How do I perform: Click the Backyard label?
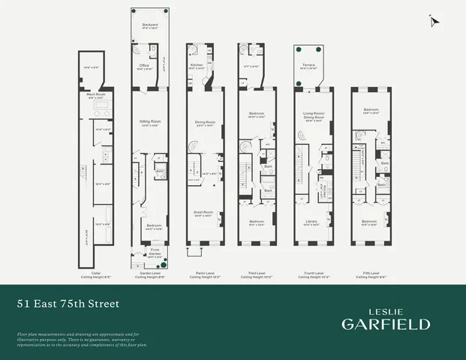click(x=150, y=25)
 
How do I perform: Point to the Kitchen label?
click(x=197, y=65)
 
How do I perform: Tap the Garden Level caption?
click(x=149, y=274)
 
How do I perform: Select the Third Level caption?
click(x=257, y=274)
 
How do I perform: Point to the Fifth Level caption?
click(x=368, y=274)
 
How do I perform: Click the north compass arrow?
click(x=433, y=21)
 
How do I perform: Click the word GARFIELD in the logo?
click(x=386, y=324)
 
